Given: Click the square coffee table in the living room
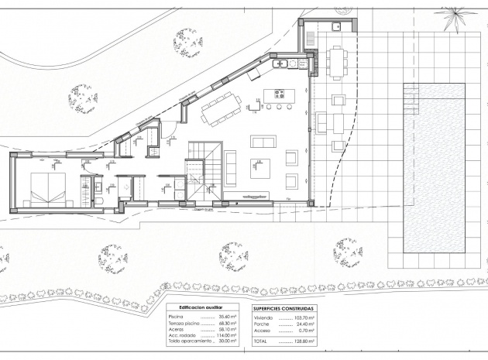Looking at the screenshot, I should [x=257, y=170].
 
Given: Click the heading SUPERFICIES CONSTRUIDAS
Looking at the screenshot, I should [x=284, y=308].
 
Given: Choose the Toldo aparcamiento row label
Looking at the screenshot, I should [x=189, y=341].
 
